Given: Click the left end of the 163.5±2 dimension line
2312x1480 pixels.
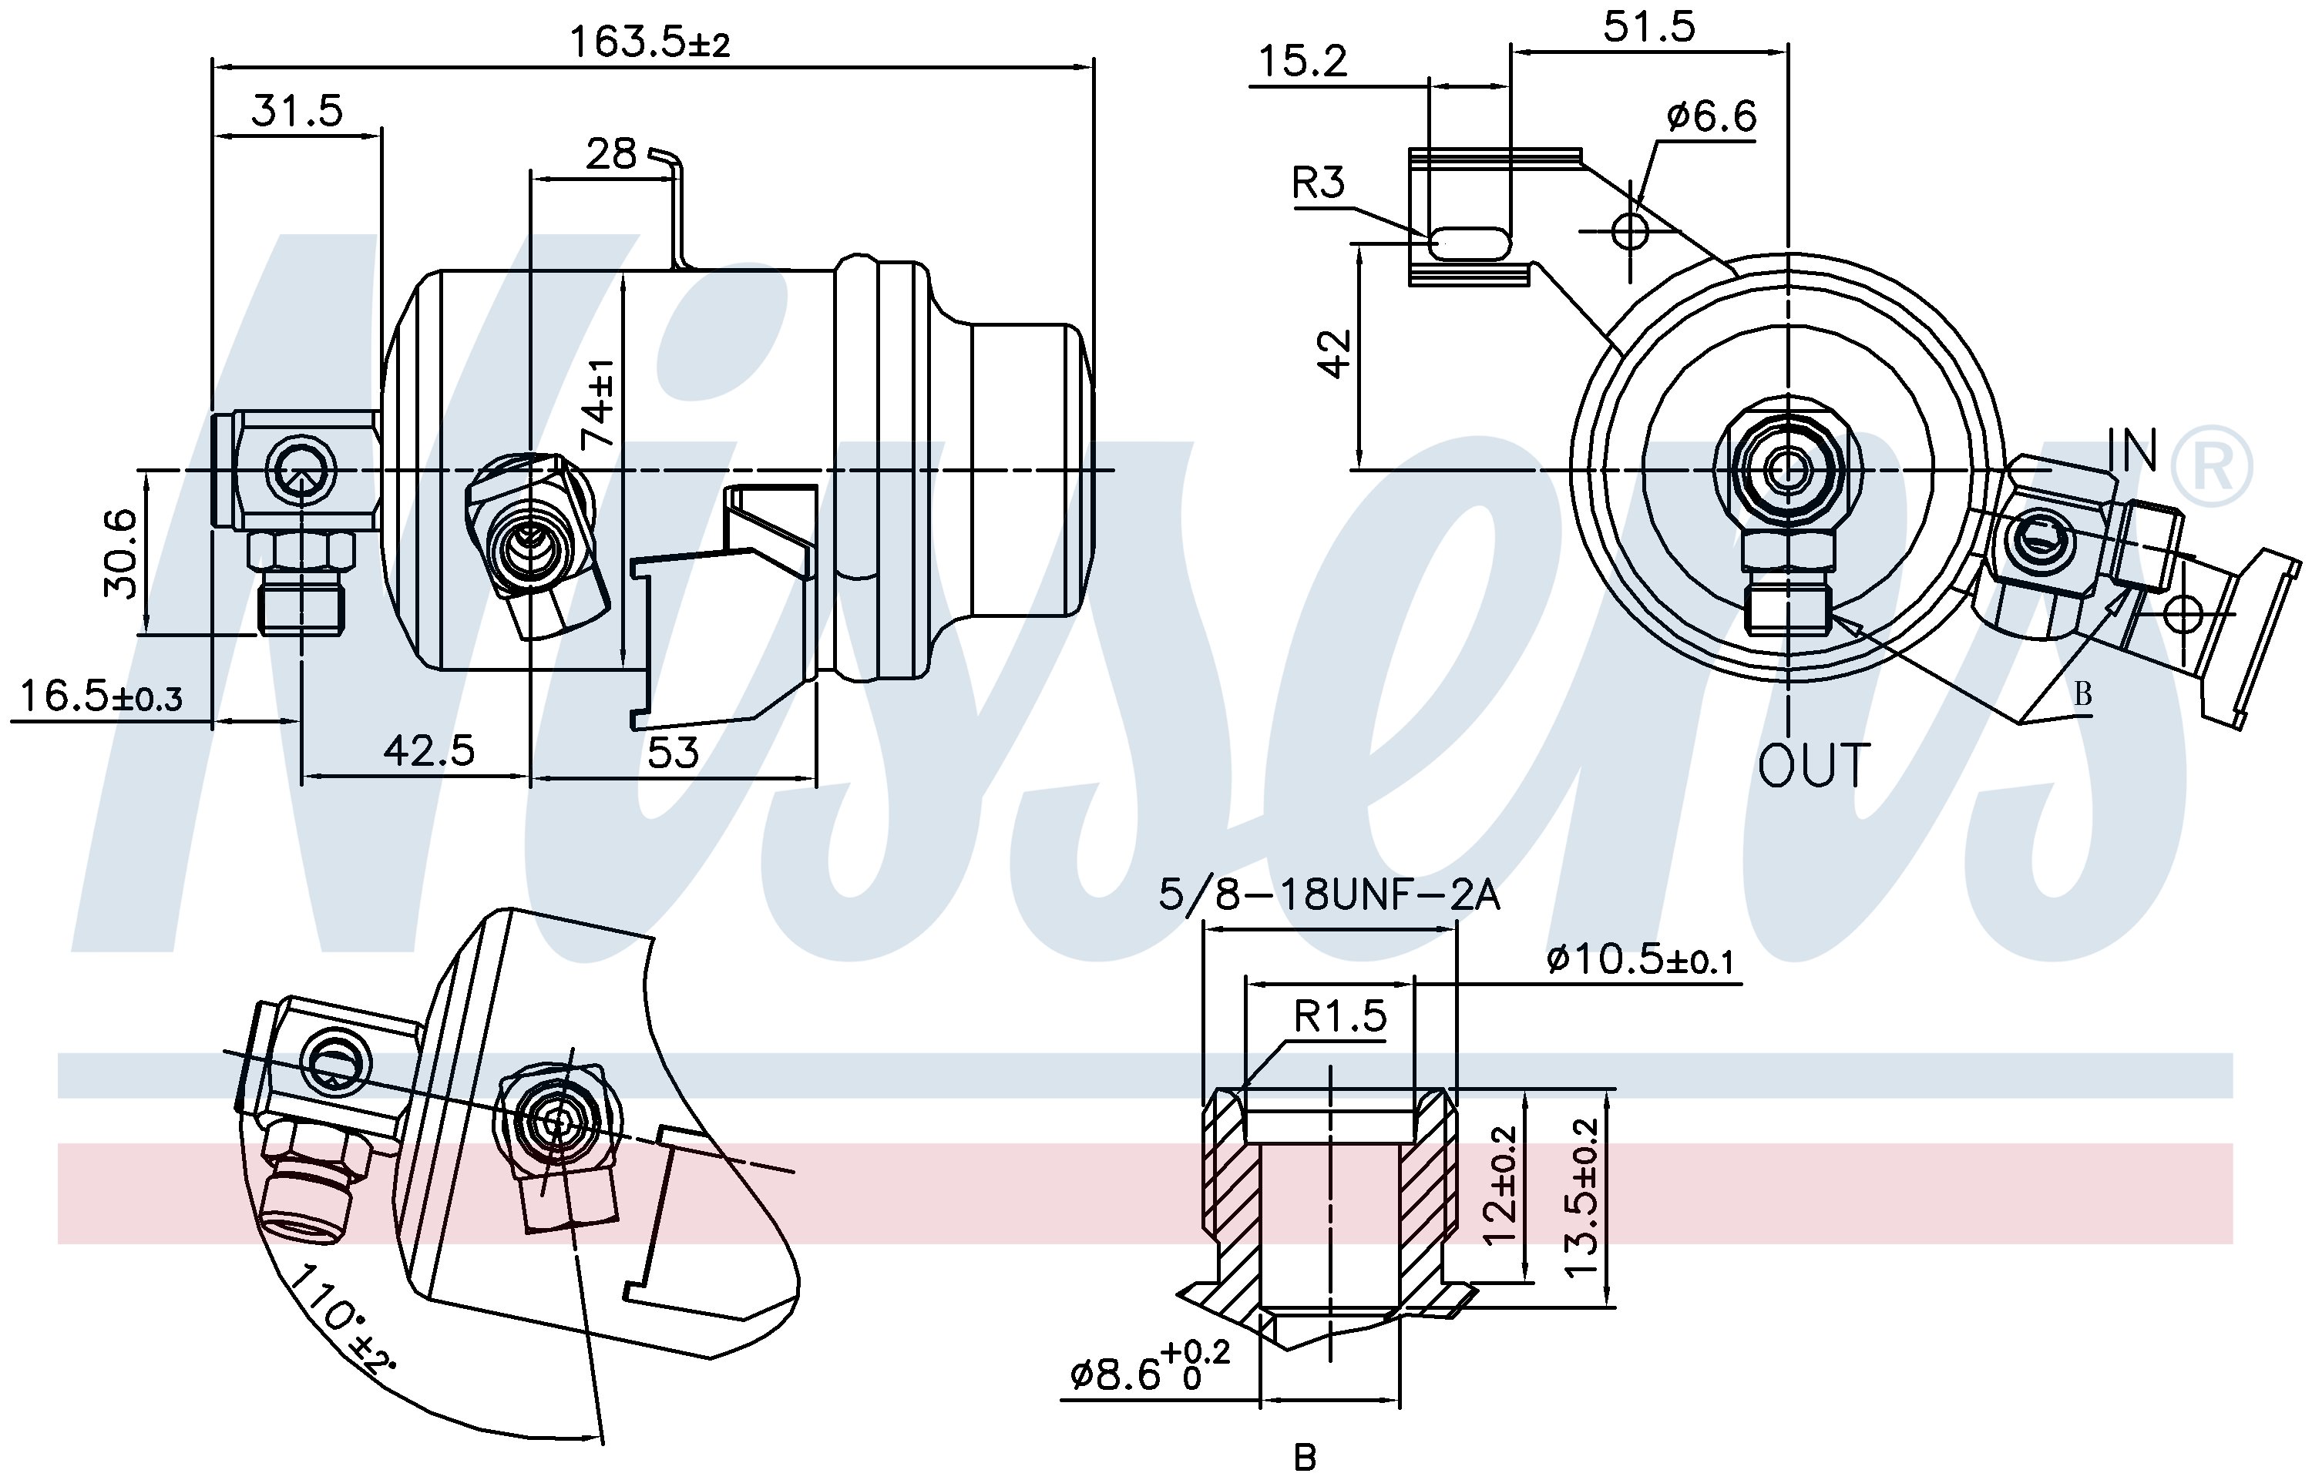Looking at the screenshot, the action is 213,67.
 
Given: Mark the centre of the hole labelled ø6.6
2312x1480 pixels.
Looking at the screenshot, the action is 1629,230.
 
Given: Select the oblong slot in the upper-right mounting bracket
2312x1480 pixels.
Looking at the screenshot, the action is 1469,244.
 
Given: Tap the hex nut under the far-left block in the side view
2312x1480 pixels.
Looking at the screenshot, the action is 301,550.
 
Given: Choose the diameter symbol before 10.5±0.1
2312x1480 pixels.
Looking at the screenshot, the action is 1559,958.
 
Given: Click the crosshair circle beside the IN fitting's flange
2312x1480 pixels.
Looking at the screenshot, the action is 2184,612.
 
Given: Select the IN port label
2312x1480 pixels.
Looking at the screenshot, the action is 2134,449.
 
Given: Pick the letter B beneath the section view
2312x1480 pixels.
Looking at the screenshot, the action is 1305,1457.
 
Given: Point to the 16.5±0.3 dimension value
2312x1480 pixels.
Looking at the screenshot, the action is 101,696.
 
